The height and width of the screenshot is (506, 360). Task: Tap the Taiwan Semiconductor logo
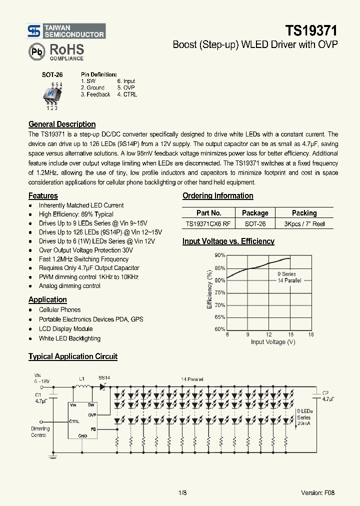point(66,31)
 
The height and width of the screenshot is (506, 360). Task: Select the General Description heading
point(62,124)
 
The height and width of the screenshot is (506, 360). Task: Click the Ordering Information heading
point(217,196)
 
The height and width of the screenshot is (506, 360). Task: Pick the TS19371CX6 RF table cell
point(208,224)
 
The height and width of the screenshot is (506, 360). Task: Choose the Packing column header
point(304,213)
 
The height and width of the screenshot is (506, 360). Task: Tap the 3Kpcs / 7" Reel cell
point(304,224)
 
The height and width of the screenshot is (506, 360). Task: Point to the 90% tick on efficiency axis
point(220,255)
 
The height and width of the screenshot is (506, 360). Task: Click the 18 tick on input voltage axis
point(311,334)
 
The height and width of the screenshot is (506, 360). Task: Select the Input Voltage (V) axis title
point(273,342)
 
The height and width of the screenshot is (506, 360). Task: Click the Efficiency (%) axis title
point(209,289)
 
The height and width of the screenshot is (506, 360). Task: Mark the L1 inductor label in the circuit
point(82,379)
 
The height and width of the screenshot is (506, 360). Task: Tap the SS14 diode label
point(104,378)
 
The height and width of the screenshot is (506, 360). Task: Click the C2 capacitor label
point(325,393)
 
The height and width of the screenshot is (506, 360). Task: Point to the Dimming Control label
point(40,432)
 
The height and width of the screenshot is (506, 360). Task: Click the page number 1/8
point(182,492)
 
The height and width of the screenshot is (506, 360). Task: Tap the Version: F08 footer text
point(317,492)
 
